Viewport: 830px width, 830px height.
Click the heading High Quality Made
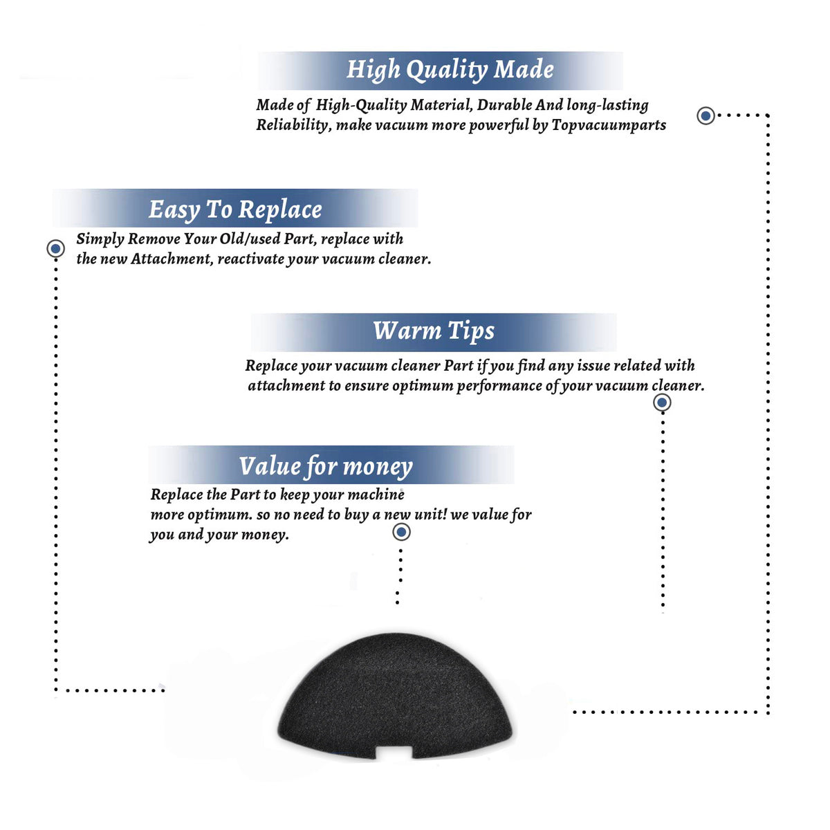450,69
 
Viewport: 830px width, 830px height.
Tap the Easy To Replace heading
235,210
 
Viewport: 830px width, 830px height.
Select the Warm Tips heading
434,331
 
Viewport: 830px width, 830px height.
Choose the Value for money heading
326,466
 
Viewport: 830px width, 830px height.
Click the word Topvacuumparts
609,125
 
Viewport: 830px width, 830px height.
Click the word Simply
100,239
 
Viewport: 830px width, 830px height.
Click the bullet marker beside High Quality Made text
705,116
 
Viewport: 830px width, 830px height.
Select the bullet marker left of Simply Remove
55,248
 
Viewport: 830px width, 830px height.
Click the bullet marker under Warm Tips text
662,403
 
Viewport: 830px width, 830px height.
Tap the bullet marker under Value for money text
401,533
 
